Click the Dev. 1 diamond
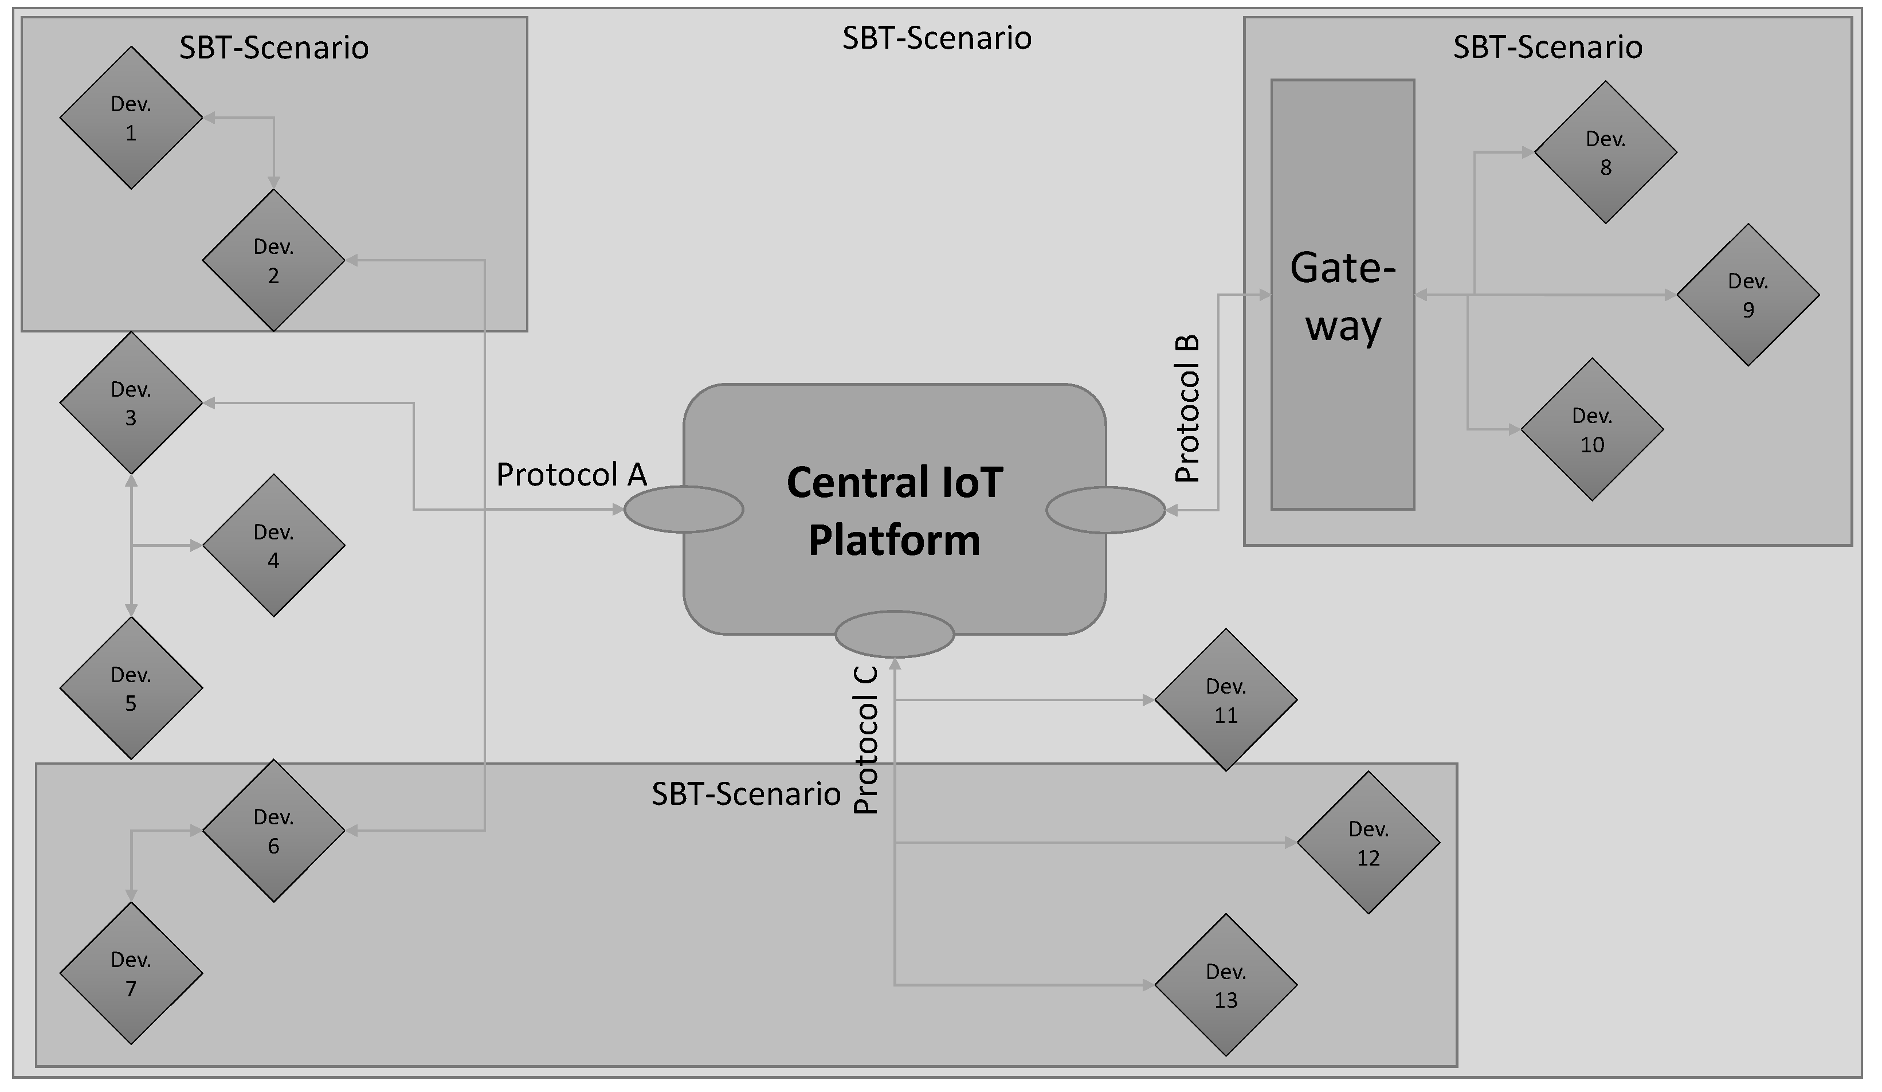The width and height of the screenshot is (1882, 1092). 131,118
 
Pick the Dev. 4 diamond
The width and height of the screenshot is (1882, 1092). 273,545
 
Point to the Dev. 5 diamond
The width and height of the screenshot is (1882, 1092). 131,688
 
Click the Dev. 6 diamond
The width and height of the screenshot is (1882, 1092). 273,831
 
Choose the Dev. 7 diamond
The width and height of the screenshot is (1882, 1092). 131,973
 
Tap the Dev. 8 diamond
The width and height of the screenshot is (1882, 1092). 1605,152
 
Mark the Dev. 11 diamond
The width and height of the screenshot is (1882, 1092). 1226,700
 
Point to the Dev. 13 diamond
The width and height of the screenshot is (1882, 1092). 1226,985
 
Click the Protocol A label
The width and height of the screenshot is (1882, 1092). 571,475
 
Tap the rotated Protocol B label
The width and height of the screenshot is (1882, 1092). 1187,409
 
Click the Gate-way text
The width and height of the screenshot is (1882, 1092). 1342,296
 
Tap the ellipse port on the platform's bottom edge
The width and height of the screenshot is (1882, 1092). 894,634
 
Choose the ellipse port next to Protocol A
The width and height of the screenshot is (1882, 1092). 683,510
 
